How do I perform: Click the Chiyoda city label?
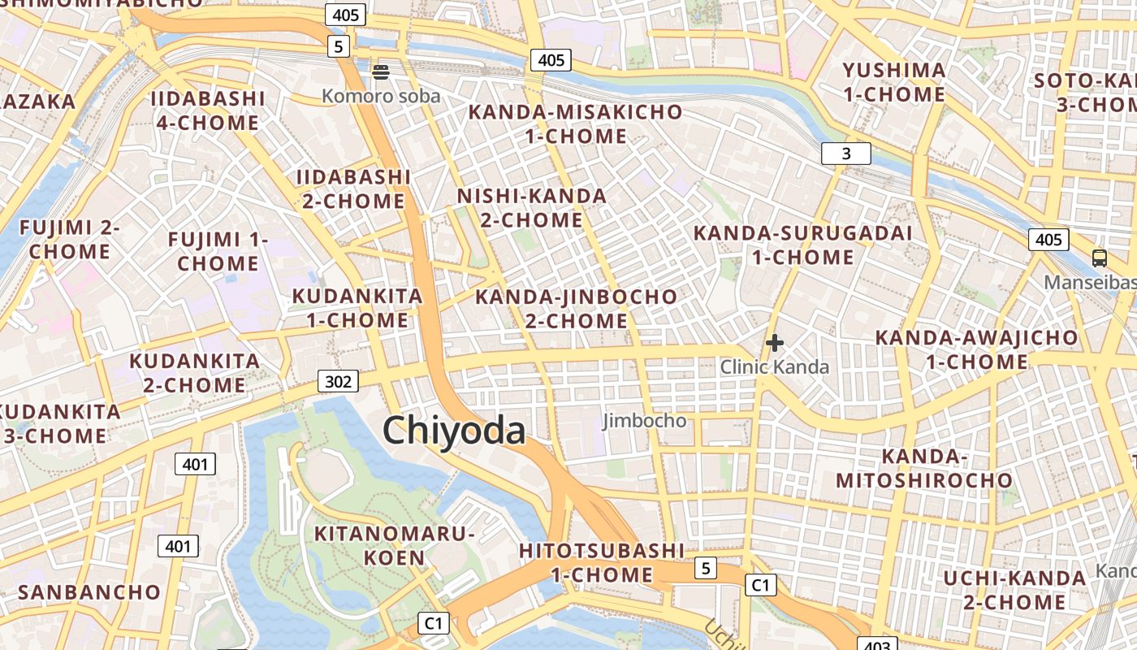(454, 431)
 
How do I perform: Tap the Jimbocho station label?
(644, 421)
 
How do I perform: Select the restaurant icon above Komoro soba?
(381, 71)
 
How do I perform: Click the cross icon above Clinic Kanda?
(775, 343)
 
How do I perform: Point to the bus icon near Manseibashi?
(1099, 258)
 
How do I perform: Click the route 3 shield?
(845, 154)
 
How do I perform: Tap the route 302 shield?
(337, 381)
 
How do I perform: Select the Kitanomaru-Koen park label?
(394, 545)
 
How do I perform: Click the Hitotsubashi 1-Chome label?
(602, 562)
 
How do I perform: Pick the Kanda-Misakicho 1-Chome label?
(576, 124)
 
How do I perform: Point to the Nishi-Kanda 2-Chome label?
(532, 208)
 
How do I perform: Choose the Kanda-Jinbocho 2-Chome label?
(576, 309)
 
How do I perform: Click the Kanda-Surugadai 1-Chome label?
(802, 245)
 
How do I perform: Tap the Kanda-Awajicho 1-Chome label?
(976, 349)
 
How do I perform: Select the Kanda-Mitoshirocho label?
(924, 469)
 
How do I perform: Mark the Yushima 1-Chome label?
(894, 82)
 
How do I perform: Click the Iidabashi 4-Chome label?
(208, 110)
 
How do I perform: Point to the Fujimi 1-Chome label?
(218, 251)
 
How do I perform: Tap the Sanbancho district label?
(89, 591)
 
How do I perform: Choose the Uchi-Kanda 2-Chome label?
(1014, 590)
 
